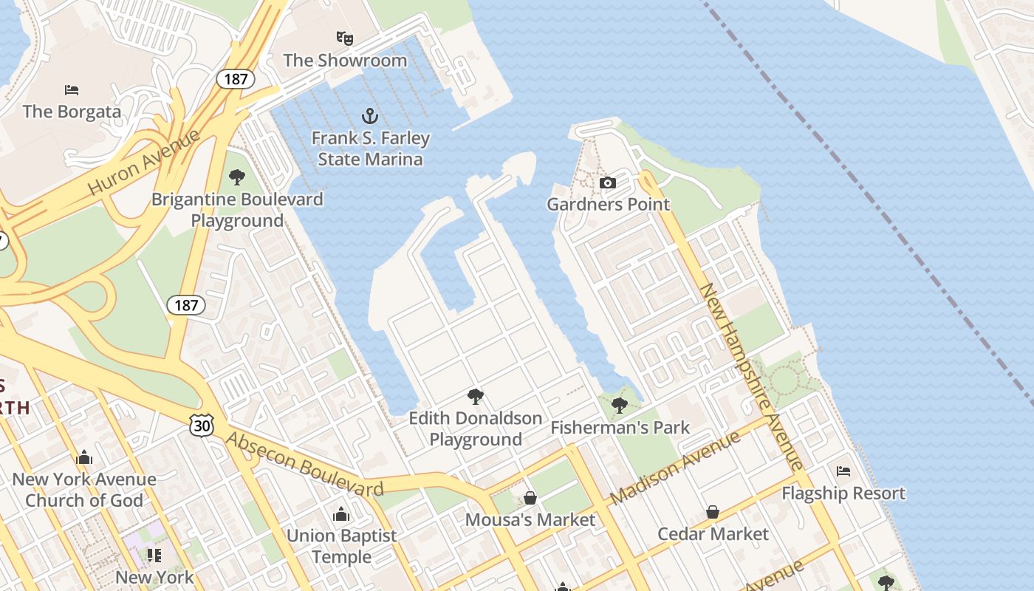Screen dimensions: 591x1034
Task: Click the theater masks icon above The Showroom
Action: pyautogui.click(x=344, y=37)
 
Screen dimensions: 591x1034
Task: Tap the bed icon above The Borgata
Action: pyautogui.click(x=72, y=90)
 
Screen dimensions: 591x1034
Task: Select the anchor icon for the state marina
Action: pyautogui.click(x=369, y=116)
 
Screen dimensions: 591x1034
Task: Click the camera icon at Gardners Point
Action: pyautogui.click(x=607, y=182)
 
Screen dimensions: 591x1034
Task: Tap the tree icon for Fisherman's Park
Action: pyautogui.click(x=620, y=405)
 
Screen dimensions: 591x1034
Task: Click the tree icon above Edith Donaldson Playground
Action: pyautogui.click(x=476, y=397)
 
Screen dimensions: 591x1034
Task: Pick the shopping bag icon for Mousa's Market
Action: pyautogui.click(x=530, y=498)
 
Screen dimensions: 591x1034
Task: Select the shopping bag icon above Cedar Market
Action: pyautogui.click(x=713, y=512)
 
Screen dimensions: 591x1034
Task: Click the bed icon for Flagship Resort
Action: pyautogui.click(x=843, y=471)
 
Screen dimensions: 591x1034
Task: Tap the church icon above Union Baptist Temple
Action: pyautogui.click(x=341, y=513)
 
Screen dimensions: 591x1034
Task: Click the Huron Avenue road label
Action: pyautogui.click(x=144, y=163)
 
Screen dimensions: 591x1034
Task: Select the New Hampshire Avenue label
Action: pyautogui.click(x=750, y=377)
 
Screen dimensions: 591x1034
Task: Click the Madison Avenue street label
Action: pyautogui.click(x=675, y=468)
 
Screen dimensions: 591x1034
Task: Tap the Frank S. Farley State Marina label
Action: pyautogui.click(x=370, y=148)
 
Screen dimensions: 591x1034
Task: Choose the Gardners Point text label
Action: pyautogui.click(x=608, y=205)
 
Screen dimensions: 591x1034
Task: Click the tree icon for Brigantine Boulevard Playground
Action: pyautogui.click(x=237, y=177)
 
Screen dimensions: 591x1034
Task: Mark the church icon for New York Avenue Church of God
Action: pyautogui.click(x=84, y=457)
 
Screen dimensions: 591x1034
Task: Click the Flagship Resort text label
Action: pyautogui.click(x=843, y=493)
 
